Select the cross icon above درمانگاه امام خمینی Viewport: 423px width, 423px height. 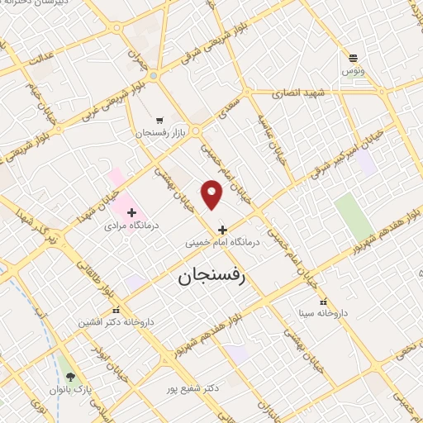tap(221, 229)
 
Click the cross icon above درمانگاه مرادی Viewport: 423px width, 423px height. tap(131, 212)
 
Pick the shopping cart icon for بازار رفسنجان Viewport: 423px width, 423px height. tap(159, 120)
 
